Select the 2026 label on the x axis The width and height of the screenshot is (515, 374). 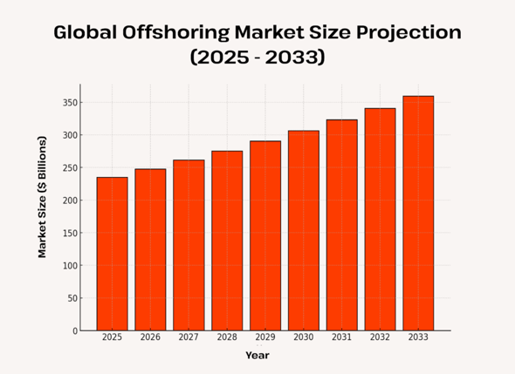click(150, 337)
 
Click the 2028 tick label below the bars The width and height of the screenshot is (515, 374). click(227, 337)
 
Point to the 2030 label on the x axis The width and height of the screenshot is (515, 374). click(304, 337)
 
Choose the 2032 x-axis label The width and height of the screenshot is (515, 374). click(381, 337)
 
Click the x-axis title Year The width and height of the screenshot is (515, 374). click(257, 355)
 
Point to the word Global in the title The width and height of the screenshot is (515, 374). click(83, 33)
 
